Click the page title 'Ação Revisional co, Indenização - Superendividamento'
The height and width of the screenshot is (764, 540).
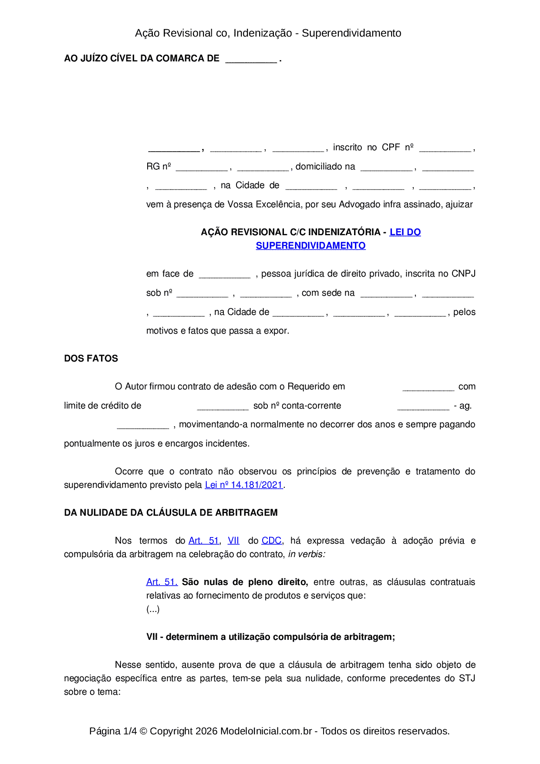(268, 33)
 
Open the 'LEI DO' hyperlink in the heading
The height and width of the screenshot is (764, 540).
(405, 232)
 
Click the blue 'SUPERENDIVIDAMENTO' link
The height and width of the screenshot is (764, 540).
(310, 246)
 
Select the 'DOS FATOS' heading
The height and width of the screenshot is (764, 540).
(91, 358)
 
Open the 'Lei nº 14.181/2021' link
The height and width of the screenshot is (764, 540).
(244, 485)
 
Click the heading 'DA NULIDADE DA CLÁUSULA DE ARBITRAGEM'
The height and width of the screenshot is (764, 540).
(171, 513)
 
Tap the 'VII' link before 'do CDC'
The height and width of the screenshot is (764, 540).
(233, 541)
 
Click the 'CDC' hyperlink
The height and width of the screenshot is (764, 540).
(271, 541)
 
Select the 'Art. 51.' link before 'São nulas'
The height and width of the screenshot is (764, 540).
(162, 582)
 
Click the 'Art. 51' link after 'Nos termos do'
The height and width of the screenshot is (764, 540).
(204, 541)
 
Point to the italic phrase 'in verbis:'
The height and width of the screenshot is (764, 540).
(307, 554)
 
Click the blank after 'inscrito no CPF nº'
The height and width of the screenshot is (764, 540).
(445, 149)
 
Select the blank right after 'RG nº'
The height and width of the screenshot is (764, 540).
(202, 168)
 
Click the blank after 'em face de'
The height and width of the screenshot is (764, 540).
(225, 275)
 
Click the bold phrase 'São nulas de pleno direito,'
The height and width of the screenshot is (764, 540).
(245, 582)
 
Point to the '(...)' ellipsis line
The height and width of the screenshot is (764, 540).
(153, 609)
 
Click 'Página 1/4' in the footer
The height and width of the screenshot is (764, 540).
(113, 731)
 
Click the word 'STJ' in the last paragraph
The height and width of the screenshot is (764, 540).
(467, 678)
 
